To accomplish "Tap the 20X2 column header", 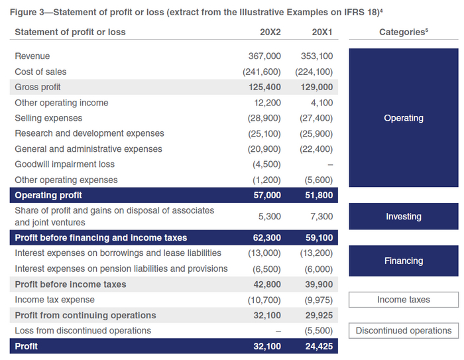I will coord(270,32).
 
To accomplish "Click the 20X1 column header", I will coord(322,32).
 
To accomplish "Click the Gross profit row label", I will coord(38,87).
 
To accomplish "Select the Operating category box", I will coord(403,118).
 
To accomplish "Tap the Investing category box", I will coord(403,216).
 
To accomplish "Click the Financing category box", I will coord(403,261).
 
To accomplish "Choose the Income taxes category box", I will coord(403,300).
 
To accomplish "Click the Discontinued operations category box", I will coord(403,330).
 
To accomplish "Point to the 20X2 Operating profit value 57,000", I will coord(267,196).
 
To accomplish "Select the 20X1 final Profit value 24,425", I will coord(319,346).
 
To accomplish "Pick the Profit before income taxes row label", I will coord(70,284).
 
